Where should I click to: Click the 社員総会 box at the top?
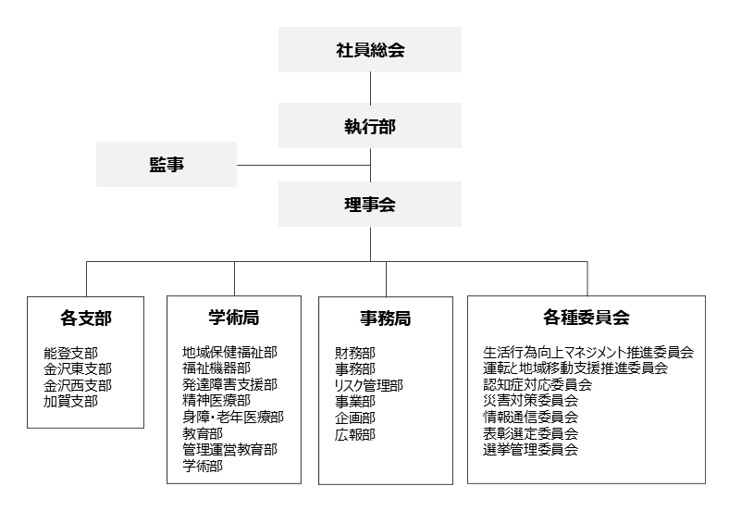point(370,49)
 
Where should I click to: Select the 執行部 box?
point(370,126)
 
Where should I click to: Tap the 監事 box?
point(167,164)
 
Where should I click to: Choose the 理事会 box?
point(370,205)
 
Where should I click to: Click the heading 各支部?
point(86,318)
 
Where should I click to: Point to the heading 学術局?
point(234,318)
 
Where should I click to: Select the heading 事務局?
point(386,318)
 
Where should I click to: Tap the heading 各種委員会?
point(587,318)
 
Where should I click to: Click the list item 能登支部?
point(70,354)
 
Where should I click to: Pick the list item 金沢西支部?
point(78,385)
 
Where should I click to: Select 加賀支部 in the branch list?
point(70,401)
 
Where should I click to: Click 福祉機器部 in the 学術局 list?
point(216,368)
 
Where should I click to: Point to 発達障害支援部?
point(230,384)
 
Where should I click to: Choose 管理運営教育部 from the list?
point(230,450)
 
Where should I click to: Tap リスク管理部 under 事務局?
point(369,385)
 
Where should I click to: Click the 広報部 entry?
point(354,434)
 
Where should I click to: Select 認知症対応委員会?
point(537,384)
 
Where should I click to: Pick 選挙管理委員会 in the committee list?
point(530,450)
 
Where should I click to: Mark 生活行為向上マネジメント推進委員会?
point(588,353)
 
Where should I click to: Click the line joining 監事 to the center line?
point(303,165)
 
